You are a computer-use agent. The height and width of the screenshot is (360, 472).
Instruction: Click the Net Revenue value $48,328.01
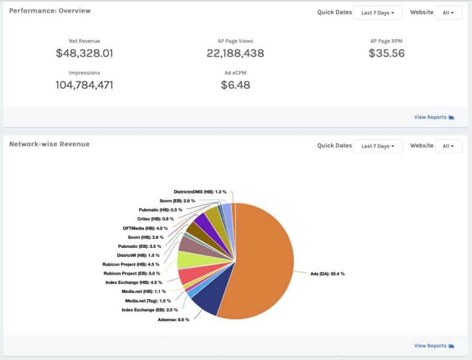(x=84, y=53)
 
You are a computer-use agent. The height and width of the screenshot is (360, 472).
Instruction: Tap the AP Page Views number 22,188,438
(x=235, y=53)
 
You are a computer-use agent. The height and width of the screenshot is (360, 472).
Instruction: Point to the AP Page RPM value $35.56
(x=387, y=53)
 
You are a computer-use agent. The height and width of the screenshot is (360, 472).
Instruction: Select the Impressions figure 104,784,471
(x=84, y=85)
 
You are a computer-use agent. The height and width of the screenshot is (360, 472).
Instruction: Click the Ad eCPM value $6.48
(x=235, y=85)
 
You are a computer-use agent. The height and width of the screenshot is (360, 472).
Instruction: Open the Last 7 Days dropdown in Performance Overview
(x=378, y=13)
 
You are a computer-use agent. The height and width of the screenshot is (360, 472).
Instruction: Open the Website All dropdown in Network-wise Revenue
(x=448, y=146)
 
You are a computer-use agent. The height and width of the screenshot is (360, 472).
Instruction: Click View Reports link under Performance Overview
(x=434, y=117)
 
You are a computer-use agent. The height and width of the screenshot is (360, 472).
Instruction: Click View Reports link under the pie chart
(x=434, y=346)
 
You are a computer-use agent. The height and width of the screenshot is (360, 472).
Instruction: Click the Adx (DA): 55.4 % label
(x=327, y=274)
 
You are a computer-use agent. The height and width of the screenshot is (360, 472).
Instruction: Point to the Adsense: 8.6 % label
(x=174, y=320)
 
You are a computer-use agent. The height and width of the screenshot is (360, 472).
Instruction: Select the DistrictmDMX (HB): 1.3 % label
(x=200, y=192)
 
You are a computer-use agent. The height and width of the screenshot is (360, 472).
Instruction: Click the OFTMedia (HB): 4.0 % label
(x=145, y=228)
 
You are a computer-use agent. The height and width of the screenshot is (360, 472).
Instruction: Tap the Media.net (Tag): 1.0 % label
(x=148, y=301)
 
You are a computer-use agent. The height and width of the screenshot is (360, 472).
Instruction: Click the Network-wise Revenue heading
(x=49, y=144)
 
